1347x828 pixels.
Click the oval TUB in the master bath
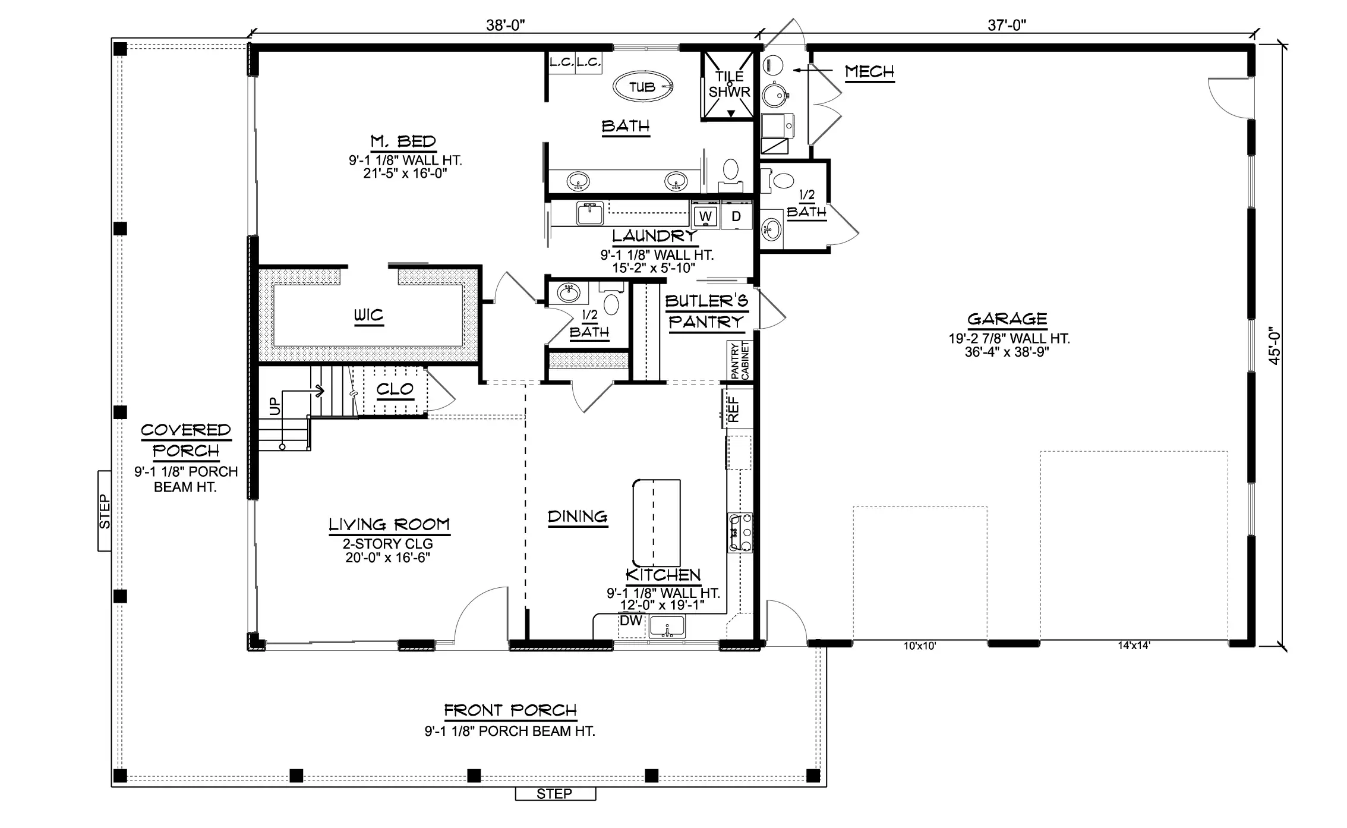pyautogui.click(x=643, y=87)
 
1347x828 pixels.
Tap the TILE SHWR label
pyautogui.click(x=730, y=84)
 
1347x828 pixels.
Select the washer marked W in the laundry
pyautogui.click(x=705, y=216)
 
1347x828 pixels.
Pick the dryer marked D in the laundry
pyautogui.click(x=736, y=216)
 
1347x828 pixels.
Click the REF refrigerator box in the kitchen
pyautogui.click(x=737, y=408)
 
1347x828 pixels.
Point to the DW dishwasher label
pyautogui.click(x=631, y=621)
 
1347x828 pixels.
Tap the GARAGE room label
pyautogui.click(x=1007, y=319)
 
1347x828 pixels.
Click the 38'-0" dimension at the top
pyautogui.click(x=506, y=25)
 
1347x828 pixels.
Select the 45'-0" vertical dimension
pyautogui.click(x=1275, y=345)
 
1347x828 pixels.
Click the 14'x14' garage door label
pyautogui.click(x=1134, y=646)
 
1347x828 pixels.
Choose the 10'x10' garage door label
pyautogui.click(x=920, y=646)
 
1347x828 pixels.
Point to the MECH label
pyautogui.click(x=869, y=72)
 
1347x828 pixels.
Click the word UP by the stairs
pyautogui.click(x=275, y=407)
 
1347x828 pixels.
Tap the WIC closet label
pyautogui.click(x=368, y=315)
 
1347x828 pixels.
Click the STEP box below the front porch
pyautogui.click(x=555, y=794)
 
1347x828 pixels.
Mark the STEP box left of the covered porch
pyautogui.click(x=105, y=511)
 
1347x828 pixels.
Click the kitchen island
pyautogui.click(x=656, y=523)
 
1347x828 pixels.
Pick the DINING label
pyautogui.click(x=578, y=517)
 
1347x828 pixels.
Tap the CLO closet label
pyautogui.click(x=395, y=389)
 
